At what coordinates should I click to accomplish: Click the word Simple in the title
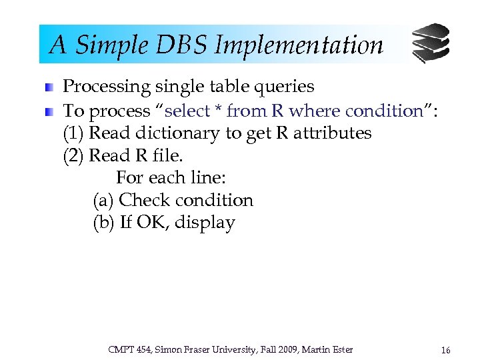tap(108, 45)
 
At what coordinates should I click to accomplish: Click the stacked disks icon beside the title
tap(430, 43)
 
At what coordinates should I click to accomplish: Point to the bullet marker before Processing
tap(50, 87)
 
